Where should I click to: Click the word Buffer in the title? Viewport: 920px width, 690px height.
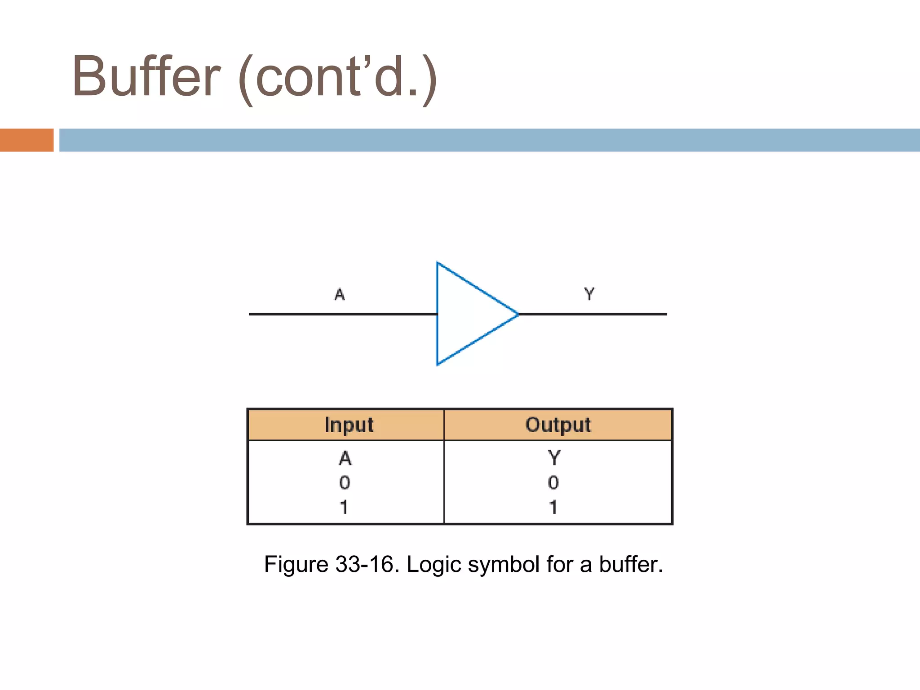click(146, 76)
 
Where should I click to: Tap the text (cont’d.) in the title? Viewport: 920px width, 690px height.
click(337, 79)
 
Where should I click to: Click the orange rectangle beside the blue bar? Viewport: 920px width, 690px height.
click(27, 140)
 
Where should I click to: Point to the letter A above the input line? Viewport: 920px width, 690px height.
click(340, 295)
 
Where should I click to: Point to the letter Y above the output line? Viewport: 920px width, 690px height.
click(589, 294)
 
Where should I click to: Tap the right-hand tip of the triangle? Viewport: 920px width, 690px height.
click(517, 314)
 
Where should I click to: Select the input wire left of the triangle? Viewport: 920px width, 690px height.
click(341, 314)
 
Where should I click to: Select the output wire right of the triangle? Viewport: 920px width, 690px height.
click(593, 314)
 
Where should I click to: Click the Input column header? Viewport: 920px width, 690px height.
click(349, 425)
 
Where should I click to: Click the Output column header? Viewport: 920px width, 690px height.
click(558, 425)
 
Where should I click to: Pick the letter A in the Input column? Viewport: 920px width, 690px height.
click(345, 458)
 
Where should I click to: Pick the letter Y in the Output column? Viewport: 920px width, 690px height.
click(554, 458)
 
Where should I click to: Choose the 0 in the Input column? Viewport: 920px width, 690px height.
click(345, 483)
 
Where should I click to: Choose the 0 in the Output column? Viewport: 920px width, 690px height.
click(553, 483)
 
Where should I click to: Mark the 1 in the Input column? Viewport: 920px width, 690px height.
click(344, 507)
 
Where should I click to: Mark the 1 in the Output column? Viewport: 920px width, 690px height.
click(553, 507)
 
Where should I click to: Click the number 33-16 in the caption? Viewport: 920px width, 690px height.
click(367, 564)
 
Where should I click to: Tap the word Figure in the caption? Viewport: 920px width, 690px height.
click(296, 565)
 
